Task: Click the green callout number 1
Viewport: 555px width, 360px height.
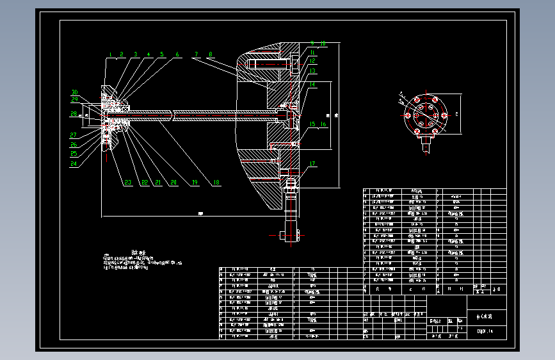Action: (x=110, y=54)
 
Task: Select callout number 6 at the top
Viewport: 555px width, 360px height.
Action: (x=177, y=54)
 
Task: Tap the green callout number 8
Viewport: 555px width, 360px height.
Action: (x=210, y=54)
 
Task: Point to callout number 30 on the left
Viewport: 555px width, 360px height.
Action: (x=74, y=92)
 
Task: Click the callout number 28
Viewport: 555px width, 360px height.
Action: (x=74, y=114)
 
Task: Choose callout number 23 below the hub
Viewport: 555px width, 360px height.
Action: (x=127, y=183)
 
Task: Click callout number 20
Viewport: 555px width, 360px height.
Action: (x=173, y=183)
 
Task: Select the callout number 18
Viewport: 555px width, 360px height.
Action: (x=216, y=183)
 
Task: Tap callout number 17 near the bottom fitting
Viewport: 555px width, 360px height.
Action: (x=313, y=164)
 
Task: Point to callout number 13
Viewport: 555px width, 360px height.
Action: (x=312, y=71)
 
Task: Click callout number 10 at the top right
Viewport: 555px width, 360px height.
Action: (x=323, y=44)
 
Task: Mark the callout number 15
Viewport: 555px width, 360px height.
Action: (x=312, y=124)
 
